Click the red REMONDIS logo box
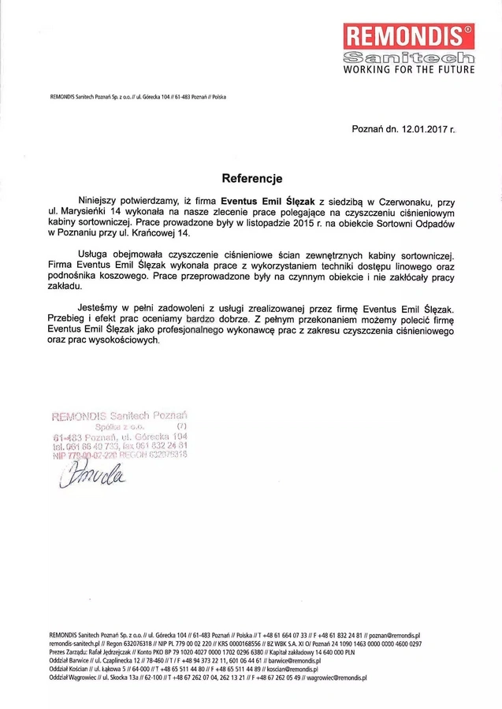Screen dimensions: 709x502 pos(409,36)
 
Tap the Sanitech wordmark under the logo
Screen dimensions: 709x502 pos(409,58)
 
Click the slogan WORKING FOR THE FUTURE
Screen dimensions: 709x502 pos(409,70)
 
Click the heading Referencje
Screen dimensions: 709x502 pos(251,179)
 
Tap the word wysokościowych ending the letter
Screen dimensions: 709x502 pos(126,343)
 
